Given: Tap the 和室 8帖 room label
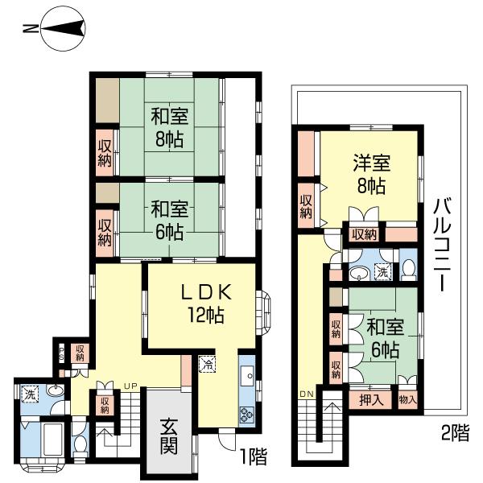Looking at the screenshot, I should click(170, 126).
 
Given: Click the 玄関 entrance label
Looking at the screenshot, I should click(167, 436).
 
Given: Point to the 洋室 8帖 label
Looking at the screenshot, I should click(372, 174).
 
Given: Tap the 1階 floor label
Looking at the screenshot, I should click(252, 457).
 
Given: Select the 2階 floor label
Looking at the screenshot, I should click(455, 433).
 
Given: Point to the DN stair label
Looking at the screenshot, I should click(306, 394).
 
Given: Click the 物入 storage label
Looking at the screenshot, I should click(407, 399).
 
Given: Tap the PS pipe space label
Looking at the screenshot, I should click(60, 352).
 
